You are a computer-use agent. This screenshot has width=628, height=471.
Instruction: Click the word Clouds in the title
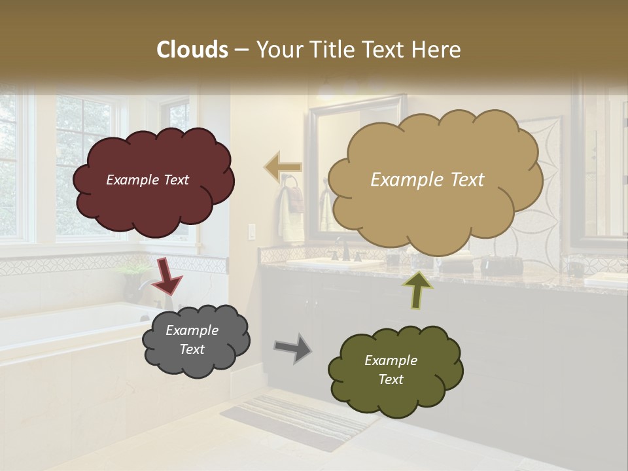pyautogui.click(x=192, y=50)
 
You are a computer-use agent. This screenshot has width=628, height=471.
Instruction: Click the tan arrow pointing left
pyautogui.click(x=283, y=167)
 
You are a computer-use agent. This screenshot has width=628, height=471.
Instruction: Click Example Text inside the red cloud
pyautogui.click(x=147, y=180)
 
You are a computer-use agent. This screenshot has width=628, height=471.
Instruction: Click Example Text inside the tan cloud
pyautogui.click(x=427, y=180)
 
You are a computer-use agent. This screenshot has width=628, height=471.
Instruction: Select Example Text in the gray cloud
pyautogui.click(x=192, y=340)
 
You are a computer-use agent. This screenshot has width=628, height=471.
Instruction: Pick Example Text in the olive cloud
pyautogui.click(x=391, y=370)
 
